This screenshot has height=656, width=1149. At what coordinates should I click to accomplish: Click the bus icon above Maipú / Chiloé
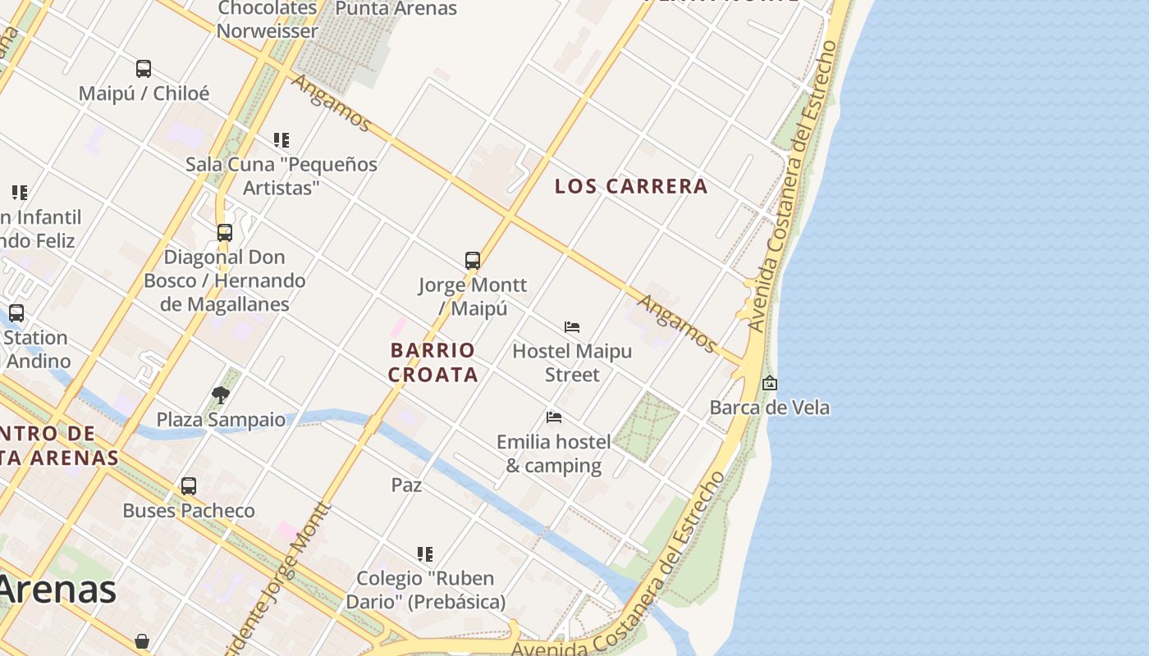pyautogui.click(x=144, y=69)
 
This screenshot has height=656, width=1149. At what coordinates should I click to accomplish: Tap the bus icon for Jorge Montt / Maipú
pyautogui.click(x=473, y=261)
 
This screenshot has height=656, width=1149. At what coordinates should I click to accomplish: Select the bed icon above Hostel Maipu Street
pyautogui.click(x=572, y=327)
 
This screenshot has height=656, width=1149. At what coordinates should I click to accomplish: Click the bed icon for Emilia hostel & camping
pyautogui.click(x=554, y=417)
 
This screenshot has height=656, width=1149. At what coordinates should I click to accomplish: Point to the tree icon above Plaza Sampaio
pyautogui.click(x=221, y=395)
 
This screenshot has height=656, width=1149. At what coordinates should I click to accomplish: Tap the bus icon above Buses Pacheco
pyautogui.click(x=189, y=486)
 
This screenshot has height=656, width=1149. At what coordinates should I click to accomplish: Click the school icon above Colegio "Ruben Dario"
pyautogui.click(x=424, y=554)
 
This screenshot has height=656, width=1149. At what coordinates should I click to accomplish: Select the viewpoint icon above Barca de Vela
pyautogui.click(x=770, y=383)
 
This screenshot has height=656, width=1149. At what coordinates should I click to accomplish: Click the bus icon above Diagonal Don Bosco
pyautogui.click(x=225, y=233)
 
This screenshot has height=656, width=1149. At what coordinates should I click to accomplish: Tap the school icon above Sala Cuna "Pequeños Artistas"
pyautogui.click(x=282, y=140)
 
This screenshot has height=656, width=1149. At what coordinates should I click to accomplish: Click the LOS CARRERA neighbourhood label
pyautogui.click(x=631, y=186)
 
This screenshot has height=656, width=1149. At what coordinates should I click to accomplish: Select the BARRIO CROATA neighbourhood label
pyautogui.click(x=433, y=362)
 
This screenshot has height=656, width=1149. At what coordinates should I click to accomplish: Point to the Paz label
pyautogui.click(x=406, y=485)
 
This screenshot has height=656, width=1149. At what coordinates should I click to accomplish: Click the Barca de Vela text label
pyautogui.click(x=769, y=408)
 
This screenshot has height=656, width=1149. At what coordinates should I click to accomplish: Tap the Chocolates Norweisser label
pyautogui.click(x=267, y=20)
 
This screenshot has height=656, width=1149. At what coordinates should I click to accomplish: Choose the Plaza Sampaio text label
pyautogui.click(x=221, y=420)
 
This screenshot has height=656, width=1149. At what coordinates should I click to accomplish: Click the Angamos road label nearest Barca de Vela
pyautogui.click(x=678, y=323)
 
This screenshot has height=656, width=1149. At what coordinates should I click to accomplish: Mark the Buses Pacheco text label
pyautogui.click(x=189, y=511)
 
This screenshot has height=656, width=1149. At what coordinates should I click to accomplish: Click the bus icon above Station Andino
pyautogui.click(x=16, y=313)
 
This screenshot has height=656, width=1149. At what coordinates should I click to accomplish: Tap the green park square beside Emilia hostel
pyautogui.click(x=647, y=426)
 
